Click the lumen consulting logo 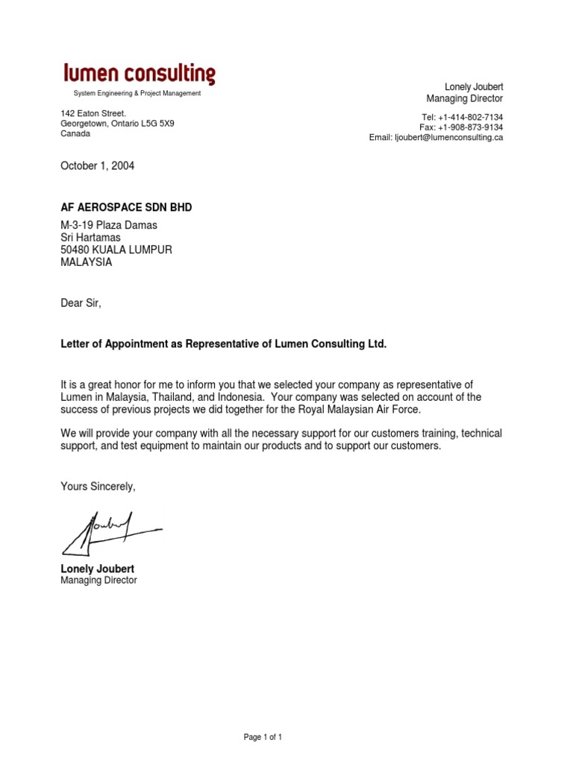(x=139, y=74)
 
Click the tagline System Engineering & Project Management (x=137, y=93)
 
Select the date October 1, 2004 (x=97, y=166)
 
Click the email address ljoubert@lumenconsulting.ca (x=448, y=138)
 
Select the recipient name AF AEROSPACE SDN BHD (x=126, y=207)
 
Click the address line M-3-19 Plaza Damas (x=109, y=225)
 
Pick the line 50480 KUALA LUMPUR (x=116, y=250)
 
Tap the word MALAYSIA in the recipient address (x=87, y=262)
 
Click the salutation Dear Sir (x=80, y=303)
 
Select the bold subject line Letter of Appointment (x=224, y=344)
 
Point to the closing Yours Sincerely (x=98, y=487)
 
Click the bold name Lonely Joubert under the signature (x=97, y=569)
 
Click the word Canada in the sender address (x=75, y=134)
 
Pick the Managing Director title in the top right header (x=464, y=98)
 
